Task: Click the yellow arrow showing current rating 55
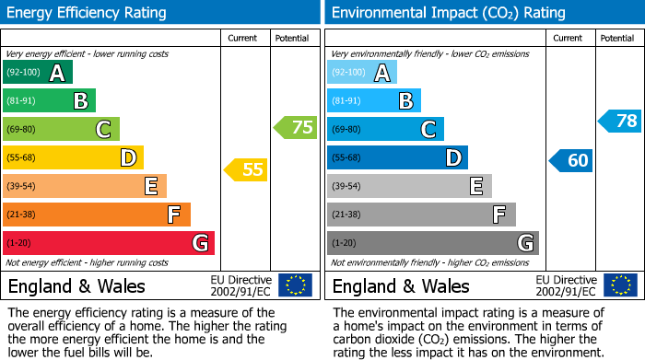(245, 169)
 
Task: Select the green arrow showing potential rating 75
(295, 128)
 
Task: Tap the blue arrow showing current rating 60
(570, 160)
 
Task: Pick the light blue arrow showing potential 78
(620, 121)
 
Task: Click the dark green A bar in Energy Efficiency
(38, 73)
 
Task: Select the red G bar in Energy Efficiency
(109, 243)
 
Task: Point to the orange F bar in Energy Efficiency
(97, 215)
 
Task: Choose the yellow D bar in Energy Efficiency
(73, 157)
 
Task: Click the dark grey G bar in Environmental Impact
(432, 243)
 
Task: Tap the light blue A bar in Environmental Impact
(362, 73)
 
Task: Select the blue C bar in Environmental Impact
(385, 129)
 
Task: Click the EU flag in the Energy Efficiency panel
(295, 285)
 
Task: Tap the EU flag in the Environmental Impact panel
(620, 285)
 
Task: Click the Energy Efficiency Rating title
(88, 13)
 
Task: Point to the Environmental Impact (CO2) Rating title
(448, 13)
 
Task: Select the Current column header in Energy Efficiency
(244, 38)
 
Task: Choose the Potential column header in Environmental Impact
(617, 38)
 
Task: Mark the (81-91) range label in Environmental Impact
(347, 101)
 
